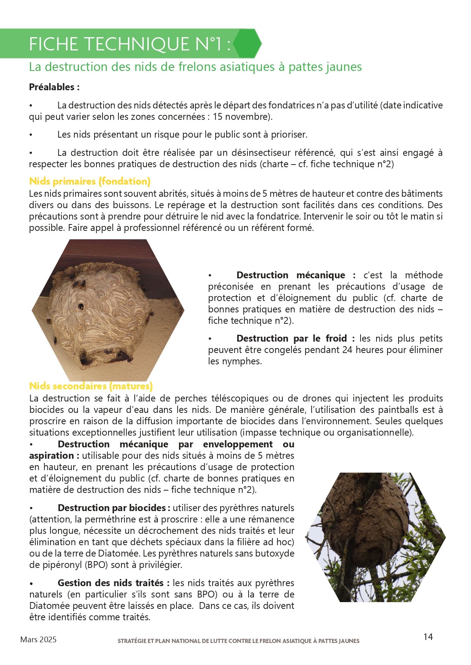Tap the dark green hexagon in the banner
pyautogui.click(x=247, y=44)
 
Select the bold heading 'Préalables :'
pyautogui.click(x=54, y=87)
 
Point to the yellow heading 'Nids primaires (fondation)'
pyautogui.click(x=90, y=181)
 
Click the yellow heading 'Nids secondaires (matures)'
pyautogui.click(x=91, y=386)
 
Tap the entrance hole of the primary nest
pyautogui.click(x=81, y=306)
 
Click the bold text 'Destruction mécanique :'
pyautogui.click(x=296, y=275)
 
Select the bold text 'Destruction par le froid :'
pyautogui.click(x=295, y=338)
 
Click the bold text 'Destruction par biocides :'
pyautogui.click(x=114, y=508)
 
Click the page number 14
pyautogui.click(x=428, y=637)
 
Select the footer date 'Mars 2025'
pyautogui.click(x=38, y=640)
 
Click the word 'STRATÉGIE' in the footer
pyautogui.click(x=131, y=641)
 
